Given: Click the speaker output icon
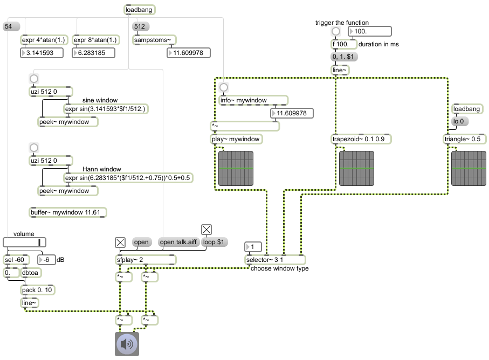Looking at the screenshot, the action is pyautogui.click(x=127, y=344).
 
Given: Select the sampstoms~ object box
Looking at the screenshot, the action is pyautogui.click(x=155, y=40).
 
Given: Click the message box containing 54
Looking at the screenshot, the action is pyautogui.click(x=11, y=26).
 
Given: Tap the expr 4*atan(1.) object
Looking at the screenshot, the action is pyautogui.click(x=44, y=40).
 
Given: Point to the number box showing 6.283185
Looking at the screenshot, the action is pyautogui.click(x=94, y=53).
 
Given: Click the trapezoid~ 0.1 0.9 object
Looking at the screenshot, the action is pyautogui.click(x=361, y=139).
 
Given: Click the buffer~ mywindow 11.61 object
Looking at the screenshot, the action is pyautogui.click(x=68, y=212).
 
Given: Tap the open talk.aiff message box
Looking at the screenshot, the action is pyautogui.click(x=178, y=242).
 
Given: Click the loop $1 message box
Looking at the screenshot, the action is pyautogui.click(x=214, y=242).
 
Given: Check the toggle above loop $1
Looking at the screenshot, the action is pyautogui.click(x=206, y=230).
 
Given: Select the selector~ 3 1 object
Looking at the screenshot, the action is pyautogui.click(x=276, y=260).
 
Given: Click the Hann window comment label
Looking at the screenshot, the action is pyautogui.click(x=102, y=169).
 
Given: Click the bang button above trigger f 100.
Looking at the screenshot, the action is pyautogui.click(x=335, y=31).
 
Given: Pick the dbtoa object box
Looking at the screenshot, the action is pyautogui.click(x=31, y=273).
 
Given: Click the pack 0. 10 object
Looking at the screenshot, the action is pyautogui.click(x=37, y=290).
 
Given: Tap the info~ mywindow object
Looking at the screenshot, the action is pyautogui.click(x=253, y=100).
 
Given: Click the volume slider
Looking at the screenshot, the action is pyautogui.click(x=24, y=242).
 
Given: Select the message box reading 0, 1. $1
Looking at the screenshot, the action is pyautogui.click(x=343, y=57).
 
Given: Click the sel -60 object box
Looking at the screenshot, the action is pyautogui.click(x=17, y=260).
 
